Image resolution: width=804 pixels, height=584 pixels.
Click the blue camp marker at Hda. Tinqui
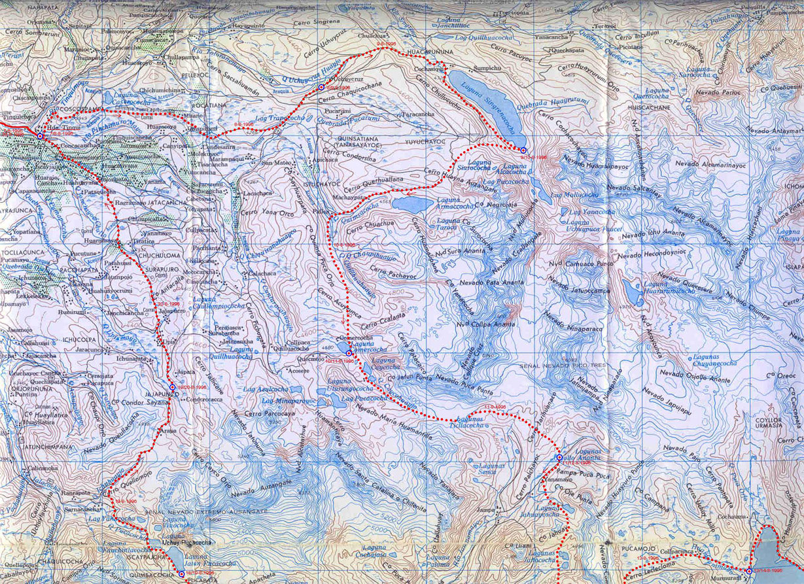(x=40, y=136)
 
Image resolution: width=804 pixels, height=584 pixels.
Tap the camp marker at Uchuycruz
(x=321, y=87)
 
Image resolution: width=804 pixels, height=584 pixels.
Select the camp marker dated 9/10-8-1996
(x=523, y=150)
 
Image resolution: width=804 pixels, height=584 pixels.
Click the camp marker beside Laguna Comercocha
(x=349, y=353)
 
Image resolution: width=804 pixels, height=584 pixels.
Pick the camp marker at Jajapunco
(x=172, y=387)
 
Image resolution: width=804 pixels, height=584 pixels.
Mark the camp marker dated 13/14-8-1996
(x=749, y=571)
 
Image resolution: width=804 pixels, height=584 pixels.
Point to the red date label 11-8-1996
(x=495, y=407)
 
